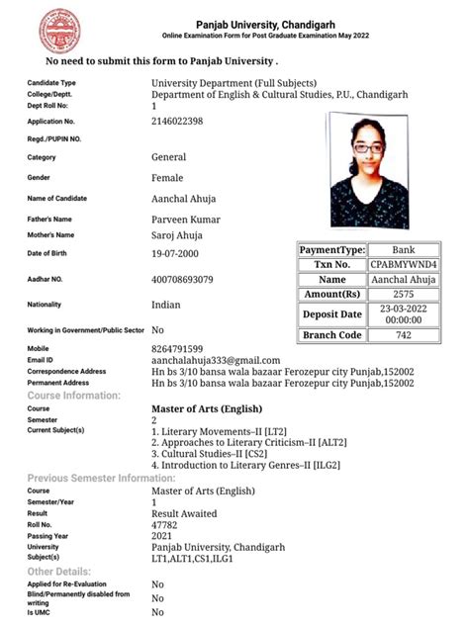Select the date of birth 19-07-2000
[x=183, y=254]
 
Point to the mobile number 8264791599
[x=178, y=349]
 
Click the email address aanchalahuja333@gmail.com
[x=216, y=361]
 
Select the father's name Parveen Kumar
[x=186, y=220]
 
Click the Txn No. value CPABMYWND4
[x=404, y=265]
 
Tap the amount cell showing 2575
[x=404, y=295]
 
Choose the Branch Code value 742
[x=404, y=336]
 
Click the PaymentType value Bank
[x=404, y=250]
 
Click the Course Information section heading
[x=74, y=396]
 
